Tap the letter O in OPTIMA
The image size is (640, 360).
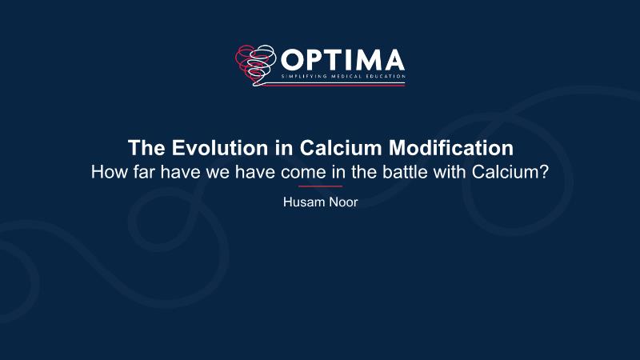pyautogui.click(x=291, y=60)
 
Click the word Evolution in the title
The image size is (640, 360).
pyautogui.click(x=220, y=148)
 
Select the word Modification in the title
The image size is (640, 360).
pyautogui.click(x=451, y=148)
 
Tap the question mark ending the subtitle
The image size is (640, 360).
pyautogui.click(x=544, y=172)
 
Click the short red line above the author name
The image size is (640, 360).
pyautogui.click(x=320, y=186)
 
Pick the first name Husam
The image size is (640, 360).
pyautogui.click(x=301, y=202)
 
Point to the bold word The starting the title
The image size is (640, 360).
pyautogui.click(x=147, y=148)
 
